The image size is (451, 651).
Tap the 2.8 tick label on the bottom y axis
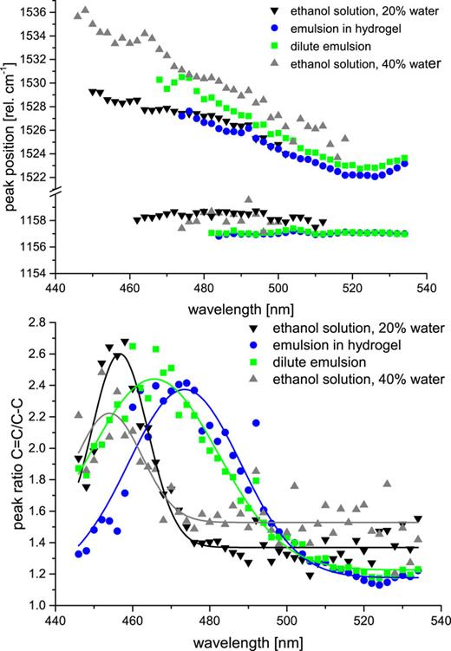coord(36,322)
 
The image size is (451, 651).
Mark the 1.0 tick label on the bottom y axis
coord(36,605)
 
